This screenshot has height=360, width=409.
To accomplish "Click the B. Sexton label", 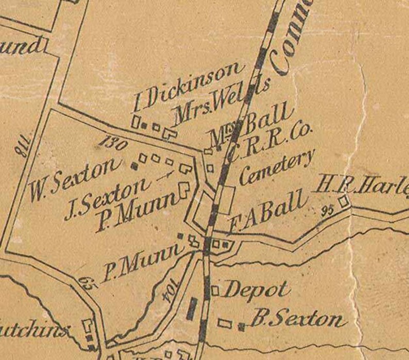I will [296, 320].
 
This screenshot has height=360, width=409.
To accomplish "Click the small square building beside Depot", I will [215, 291].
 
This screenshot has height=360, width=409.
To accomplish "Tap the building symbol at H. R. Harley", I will [344, 200].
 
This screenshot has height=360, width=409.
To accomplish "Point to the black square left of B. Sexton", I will [241, 325].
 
